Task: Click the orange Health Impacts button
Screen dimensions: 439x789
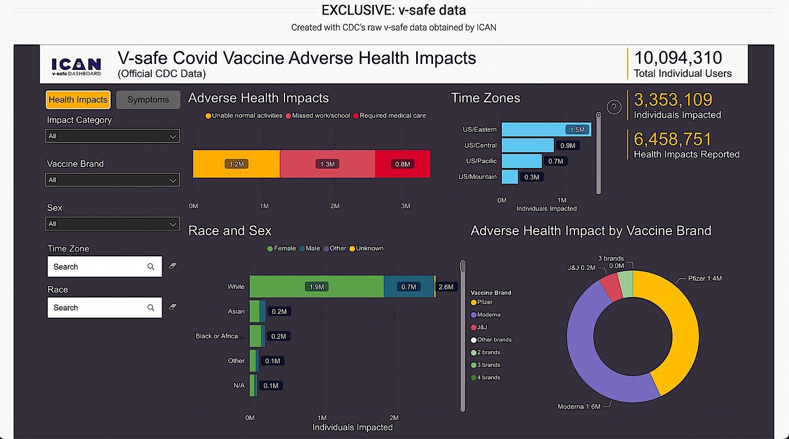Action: (x=77, y=100)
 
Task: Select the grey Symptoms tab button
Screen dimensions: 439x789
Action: (x=148, y=100)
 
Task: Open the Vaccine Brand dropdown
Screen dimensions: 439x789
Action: (x=112, y=180)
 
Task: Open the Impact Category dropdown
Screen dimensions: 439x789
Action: (x=112, y=136)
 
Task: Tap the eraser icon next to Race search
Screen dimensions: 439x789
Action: (x=173, y=307)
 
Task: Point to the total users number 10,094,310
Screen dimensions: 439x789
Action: (x=678, y=58)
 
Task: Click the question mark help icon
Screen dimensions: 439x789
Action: (x=613, y=107)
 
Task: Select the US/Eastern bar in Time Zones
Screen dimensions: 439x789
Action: (x=546, y=130)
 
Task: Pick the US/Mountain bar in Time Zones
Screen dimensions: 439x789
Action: (x=509, y=177)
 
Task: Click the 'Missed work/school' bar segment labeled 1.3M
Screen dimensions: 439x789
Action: (x=327, y=164)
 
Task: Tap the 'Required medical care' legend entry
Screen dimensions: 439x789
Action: (x=389, y=115)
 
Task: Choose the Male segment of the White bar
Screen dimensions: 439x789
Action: (x=409, y=287)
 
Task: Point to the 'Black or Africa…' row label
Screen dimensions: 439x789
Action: (x=219, y=336)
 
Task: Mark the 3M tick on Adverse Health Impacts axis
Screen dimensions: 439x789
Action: (x=405, y=206)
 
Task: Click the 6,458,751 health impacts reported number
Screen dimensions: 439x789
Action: (x=672, y=140)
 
